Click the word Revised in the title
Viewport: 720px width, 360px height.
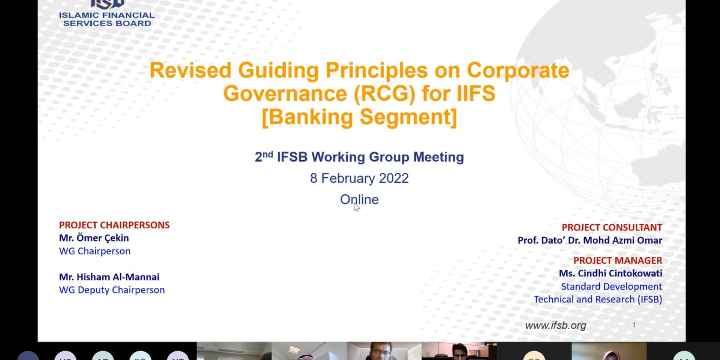pyautogui.click(x=191, y=70)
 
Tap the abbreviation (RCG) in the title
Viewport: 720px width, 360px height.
pyautogui.click(x=385, y=94)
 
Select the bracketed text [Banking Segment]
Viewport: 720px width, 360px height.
pyautogui.click(x=359, y=117)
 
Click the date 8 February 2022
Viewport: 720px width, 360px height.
pyautogui.click(x=359, y=178)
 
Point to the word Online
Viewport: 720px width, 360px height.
pyautogui.click(x=359, y=199)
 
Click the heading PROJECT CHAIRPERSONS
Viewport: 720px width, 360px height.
pyautogui.click(x=114, y=225)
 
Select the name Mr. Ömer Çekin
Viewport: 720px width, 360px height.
pyautogui.click(x=94, y=238)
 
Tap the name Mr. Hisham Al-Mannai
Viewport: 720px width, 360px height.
pyautogui.click(x=109, y=277)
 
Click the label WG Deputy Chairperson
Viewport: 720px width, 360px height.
pyautogui.click(x=112, y=290)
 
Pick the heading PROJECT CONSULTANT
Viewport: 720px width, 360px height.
pyautogui.click(x=612, y=227)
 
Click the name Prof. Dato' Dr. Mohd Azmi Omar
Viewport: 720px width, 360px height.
pyautogui.click(x=590, y=240)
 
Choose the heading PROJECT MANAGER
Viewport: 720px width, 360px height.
pyautogui.click(x=618, y=260)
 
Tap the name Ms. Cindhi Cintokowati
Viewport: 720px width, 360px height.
pyautogui.click(x=611, y=273)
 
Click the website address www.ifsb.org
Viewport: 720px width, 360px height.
pyautogui.click(x=556, y=326)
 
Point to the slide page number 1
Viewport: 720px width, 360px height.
pyautogui.click(x=634, y=325)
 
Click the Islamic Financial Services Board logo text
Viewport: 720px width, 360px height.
pyautogui.click(x=107, y=19)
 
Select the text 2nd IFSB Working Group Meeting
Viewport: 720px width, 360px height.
pyautogui.click(x=359, y=157)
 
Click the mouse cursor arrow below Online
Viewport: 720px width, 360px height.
pyautogui.click(x=357, y=207)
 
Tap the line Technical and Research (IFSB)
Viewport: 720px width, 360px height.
pyautogui.click(x=598, y=300)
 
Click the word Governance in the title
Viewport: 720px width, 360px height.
pyautogui.click(x=285, y=94)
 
